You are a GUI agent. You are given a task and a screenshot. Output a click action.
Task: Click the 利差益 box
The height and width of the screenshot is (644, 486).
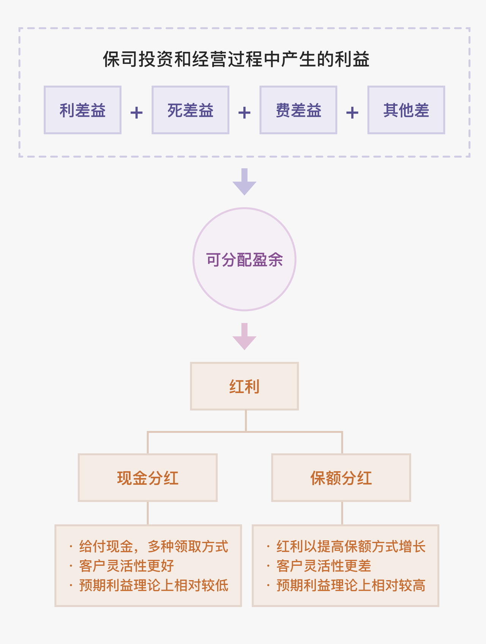(x=82, y=110)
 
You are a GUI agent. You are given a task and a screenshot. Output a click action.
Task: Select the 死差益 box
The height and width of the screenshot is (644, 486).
(x=190, y=110)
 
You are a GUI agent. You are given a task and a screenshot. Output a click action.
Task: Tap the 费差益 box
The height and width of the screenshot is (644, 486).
(x=298, y=110)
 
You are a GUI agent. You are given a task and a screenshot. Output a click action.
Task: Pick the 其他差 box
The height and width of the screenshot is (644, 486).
(x=406, y=110)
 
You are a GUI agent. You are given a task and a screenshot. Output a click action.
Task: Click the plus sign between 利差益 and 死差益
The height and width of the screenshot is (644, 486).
(x=136, y=112)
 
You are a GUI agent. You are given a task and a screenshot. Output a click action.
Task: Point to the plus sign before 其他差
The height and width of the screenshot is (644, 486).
(x=352, y=112)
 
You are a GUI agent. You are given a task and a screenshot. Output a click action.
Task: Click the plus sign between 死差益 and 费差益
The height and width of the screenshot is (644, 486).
(x=244, y=112)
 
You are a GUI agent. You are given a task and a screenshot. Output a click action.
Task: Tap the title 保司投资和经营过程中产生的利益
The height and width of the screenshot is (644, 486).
(x=236, y=59)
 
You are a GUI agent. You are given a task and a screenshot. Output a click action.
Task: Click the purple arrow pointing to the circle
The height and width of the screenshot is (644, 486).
(x=245, y=182)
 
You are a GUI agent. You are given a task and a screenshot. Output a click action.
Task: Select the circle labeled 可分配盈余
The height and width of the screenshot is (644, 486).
(x=245, y=259)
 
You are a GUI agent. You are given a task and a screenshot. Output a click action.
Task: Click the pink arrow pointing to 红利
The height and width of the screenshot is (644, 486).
(x=245, y=337)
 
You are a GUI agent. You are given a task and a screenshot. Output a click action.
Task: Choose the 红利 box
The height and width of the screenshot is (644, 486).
(x=245, y=386)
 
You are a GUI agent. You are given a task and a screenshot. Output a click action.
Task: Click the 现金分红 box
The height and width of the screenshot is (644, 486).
(x=148, y=478)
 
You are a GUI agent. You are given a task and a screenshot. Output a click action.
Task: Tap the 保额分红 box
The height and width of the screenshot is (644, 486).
(x=341, y=478)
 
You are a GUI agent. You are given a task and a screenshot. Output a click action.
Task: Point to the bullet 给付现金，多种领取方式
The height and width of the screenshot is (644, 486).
(x=153, y=547)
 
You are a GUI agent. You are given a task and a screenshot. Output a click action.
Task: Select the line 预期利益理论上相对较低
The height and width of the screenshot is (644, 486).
(x=153, y=585)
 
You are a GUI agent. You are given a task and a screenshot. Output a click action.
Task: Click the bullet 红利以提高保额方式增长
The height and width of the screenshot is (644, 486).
(x=350, y=547)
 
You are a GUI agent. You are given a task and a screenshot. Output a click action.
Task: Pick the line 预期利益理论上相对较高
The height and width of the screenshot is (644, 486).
(x=350, y=585)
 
